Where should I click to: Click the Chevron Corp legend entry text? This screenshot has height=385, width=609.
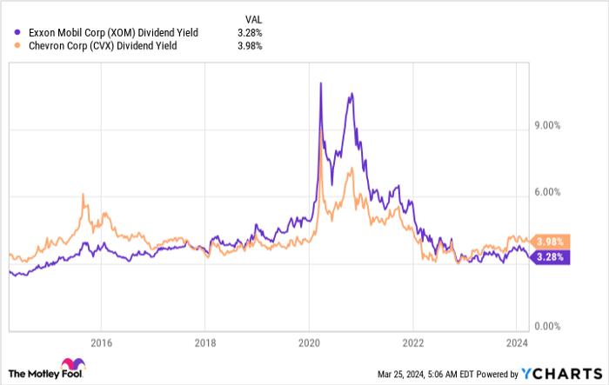[x=103, y=45]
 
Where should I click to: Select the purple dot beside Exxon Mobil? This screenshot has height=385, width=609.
[x=18, y=32]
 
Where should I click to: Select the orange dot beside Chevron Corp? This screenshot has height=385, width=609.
[x=18, y=45]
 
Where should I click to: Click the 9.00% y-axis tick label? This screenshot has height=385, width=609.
[x=546, y=125]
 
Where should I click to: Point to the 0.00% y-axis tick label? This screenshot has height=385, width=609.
[x=546, y=326]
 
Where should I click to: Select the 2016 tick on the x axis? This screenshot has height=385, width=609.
[x=101, y=342]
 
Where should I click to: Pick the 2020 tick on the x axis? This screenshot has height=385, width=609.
[x=310, y=342]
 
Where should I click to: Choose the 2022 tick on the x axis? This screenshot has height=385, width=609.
[x=412, y=342]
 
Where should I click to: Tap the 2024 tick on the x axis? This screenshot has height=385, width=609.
[x=517, y=342]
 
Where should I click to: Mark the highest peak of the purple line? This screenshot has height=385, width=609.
[x=321, y=83]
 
